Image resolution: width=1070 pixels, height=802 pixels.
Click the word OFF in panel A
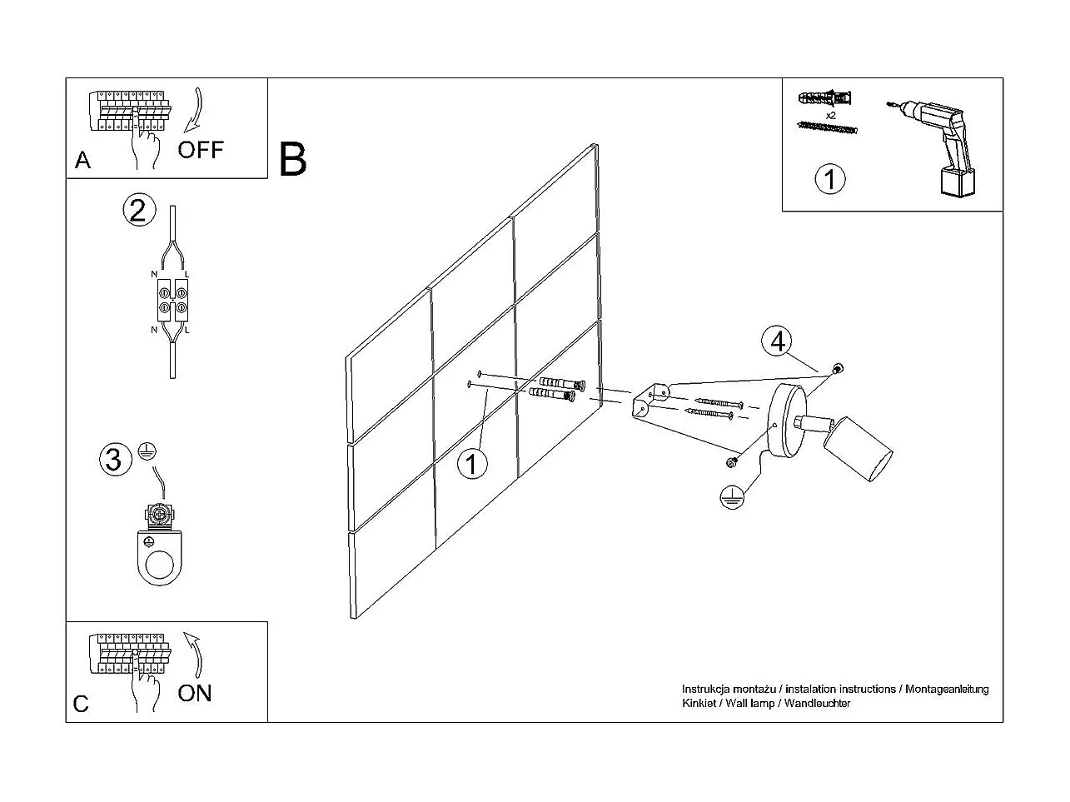click(201, 150)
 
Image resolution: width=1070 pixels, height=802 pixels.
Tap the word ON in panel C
click(195, 693)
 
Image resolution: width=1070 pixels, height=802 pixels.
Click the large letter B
click(292, 159)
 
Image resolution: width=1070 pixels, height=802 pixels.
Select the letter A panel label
click(83, 161)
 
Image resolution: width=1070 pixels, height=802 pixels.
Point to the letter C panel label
click(81, 704)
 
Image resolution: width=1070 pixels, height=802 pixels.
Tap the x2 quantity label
click(831, 116)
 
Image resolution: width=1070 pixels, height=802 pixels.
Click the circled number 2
click(139, 210)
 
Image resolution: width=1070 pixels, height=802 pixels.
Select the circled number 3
click(116, 459)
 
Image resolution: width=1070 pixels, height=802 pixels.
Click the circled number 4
click(778, 341)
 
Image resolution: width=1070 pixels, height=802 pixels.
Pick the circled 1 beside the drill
click(830, 179)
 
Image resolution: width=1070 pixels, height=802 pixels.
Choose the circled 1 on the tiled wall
click(472, 464)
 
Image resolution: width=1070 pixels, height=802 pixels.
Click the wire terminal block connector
click(172, 299)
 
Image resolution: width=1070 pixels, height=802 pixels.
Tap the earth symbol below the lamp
click(732, 497)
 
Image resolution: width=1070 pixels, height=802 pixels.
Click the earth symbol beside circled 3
click(147, 451)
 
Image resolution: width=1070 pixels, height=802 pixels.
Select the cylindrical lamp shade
click(858, 449)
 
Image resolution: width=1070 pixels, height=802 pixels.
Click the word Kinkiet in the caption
click(699, 703)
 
